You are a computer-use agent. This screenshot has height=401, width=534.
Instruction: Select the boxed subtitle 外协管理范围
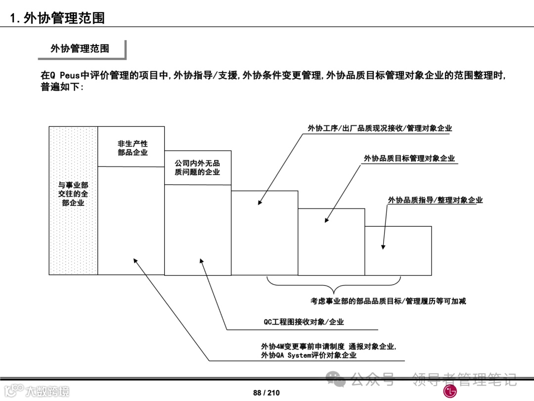click(80, 49)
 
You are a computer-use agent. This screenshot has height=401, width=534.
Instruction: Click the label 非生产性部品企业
click(133, 148)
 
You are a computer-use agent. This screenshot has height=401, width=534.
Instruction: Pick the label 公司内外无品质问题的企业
click(197, 167)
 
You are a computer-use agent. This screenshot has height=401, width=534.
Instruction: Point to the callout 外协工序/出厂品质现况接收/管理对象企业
click(380, 129)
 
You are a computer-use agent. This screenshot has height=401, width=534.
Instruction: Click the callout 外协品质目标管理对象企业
click(409, 158)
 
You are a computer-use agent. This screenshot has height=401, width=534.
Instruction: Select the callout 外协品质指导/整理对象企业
click(435, 200)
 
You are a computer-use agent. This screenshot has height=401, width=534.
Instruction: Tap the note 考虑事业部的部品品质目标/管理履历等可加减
click(389, 301)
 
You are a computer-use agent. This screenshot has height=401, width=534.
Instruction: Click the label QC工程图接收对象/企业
click(304, 322)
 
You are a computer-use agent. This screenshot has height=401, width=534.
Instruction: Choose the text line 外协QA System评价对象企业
click(309, 355)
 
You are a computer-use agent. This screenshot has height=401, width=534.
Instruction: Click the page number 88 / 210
click(266, 393)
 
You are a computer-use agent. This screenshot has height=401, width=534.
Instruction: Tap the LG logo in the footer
click(449, 391)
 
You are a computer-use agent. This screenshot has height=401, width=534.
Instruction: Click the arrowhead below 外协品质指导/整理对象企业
click(383, 247)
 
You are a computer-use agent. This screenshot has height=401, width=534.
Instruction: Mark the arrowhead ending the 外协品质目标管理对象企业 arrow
click(326, 220)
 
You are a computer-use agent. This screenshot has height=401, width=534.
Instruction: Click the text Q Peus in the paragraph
click(66, 76)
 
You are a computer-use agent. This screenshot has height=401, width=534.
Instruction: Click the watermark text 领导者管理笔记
click(464, 380)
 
